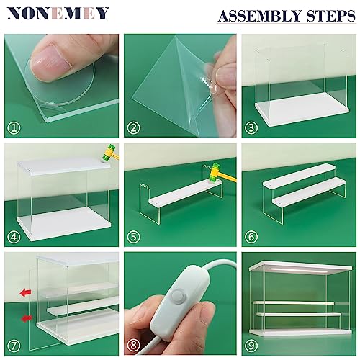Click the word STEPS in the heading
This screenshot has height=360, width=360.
pyautogui.click(x=330, y=15)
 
